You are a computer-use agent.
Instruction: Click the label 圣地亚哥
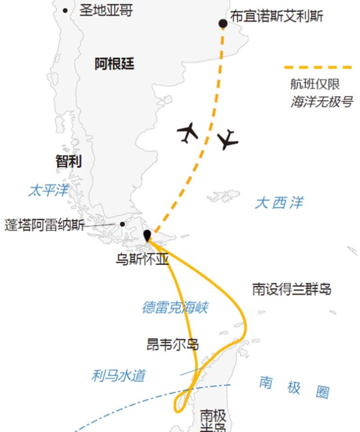pos(106,10)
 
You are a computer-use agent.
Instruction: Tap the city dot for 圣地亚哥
pos(66,10)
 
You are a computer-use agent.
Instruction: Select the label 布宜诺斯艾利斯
pos(277,16)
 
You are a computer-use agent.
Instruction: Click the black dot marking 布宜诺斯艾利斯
pos(223,23)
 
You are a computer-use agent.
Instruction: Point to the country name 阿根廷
pos(114,64)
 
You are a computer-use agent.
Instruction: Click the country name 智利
pos(68,161)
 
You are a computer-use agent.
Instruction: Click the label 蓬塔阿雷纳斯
pos(44,225)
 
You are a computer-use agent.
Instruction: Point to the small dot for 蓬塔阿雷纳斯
pos(122,224)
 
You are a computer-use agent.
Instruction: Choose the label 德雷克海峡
pos(175,308)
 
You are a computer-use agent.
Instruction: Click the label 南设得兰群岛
pos(292,289)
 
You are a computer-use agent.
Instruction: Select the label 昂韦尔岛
pos(173,345)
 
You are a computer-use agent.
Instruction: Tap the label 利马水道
pos(118,375)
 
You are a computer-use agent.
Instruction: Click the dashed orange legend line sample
pos(318,67)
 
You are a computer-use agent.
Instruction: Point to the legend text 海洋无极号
pos(321,102)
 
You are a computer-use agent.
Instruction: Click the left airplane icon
pos(188,132)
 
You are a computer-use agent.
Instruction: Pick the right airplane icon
pos(228,139)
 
